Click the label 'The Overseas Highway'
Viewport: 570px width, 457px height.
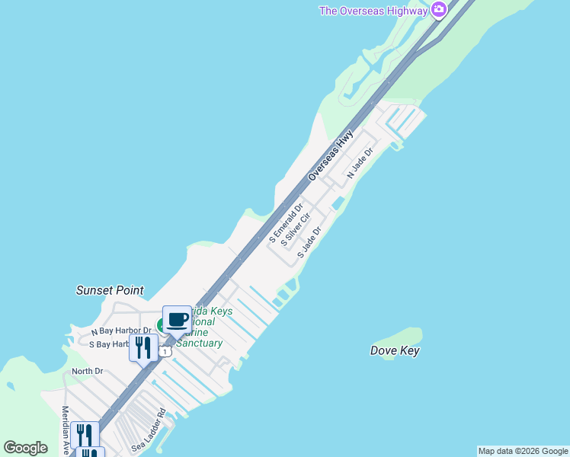click(x=373, y=10)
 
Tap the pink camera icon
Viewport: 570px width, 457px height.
click(x=438, y=10)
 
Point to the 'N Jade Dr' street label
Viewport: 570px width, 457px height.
click(x=360, y=163)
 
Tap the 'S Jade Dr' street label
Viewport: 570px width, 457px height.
click(x=309, y=241)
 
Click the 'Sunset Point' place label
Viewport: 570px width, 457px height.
click(x=110, y=290)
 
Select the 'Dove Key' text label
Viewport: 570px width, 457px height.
click(x=395, y=351)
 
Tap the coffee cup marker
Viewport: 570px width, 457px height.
click(x=177, y=319)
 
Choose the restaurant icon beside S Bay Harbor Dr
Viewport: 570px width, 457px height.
click(x=143, y=347)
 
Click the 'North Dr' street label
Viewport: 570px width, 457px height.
click(x=87, y=371)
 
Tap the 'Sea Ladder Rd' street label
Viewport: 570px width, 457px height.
click(x=149, y=433)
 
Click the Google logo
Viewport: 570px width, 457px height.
click(x=25, y=448)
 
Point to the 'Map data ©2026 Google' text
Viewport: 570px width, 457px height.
click(x=523, y=451)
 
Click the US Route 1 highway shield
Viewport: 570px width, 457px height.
click(x=165, y=352)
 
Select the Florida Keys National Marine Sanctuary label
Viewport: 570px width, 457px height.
click(x=200, y=328)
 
